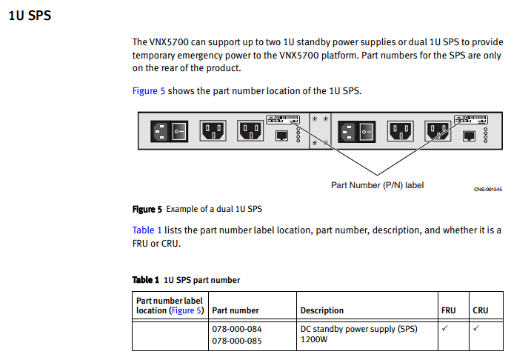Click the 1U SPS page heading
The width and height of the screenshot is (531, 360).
[x=30, y=16]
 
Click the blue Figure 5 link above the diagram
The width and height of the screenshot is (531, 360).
[x=149, y=91]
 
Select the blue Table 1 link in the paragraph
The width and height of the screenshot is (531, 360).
[x=147, y=230]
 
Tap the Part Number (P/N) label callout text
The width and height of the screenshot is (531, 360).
[x=377, y=185]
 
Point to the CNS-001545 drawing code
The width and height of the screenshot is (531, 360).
[x=488, y=190]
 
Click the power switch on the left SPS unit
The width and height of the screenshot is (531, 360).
[x=178, y=131]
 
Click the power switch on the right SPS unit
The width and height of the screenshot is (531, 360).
[x=367, y=131]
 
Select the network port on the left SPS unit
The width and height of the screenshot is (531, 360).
[x=281, y=136]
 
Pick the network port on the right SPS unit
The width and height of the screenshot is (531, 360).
[x=469, y=136]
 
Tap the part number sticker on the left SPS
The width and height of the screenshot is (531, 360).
[x=283, y=119]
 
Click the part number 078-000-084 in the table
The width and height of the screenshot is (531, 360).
[x=237, y=329]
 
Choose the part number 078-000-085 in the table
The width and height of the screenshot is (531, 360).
[x=237, y=341]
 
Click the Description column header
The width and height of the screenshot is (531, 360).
[x=321, y=310]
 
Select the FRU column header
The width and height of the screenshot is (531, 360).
[x=448, y=310]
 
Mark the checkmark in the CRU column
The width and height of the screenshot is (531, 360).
[x=476, y=328]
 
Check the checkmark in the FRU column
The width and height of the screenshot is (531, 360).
[x=444, y=328]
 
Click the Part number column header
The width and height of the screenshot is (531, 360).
[x=236, y=310]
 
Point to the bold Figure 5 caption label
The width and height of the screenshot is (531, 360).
[x=147, y=210]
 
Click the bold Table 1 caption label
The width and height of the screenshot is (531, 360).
[x=146, y=280]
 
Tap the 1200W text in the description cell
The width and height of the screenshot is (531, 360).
[x=314, y=340]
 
